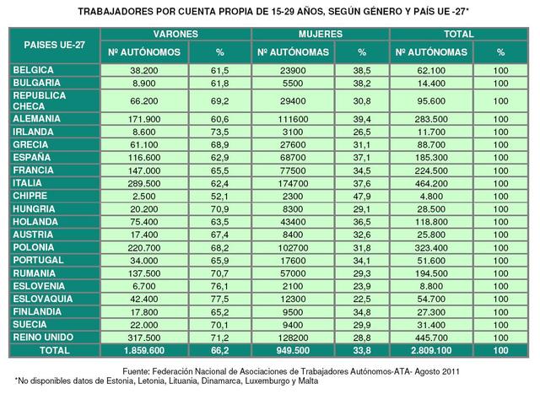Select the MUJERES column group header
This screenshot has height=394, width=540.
tap(320, 34)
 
